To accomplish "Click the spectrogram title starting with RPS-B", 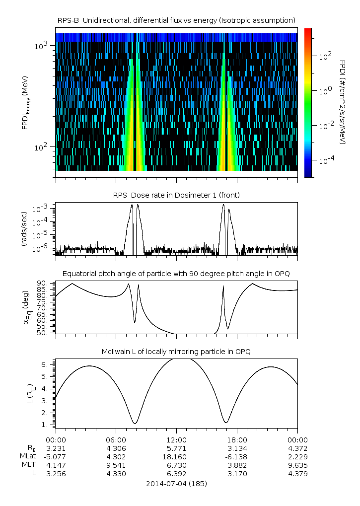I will tap(177, 20).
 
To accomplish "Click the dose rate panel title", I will tap(177, 195).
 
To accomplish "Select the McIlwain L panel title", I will tap(177, 352).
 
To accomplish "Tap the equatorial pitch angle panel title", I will tap(177, 274).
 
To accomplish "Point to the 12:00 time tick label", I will tap(177, 439).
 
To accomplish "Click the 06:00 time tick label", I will tap(116, 439).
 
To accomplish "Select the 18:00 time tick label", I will tap(237, 439).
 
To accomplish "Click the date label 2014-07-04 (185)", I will tap(177, 483).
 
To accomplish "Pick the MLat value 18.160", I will tap(177, 456).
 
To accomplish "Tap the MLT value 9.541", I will tap(116, 465).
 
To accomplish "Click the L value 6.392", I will tap(177, 473).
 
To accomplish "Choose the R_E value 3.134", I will tap(237, 448).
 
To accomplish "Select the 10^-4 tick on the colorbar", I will tap(325, 161).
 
